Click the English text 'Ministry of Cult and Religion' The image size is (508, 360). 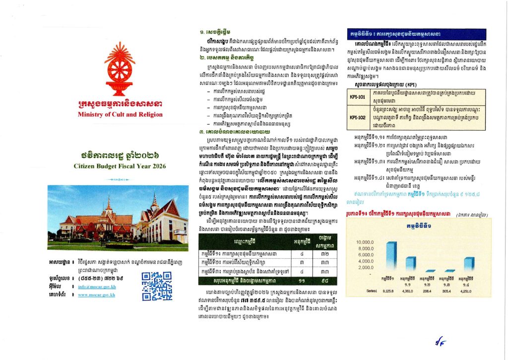click(x=120, y=114)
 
